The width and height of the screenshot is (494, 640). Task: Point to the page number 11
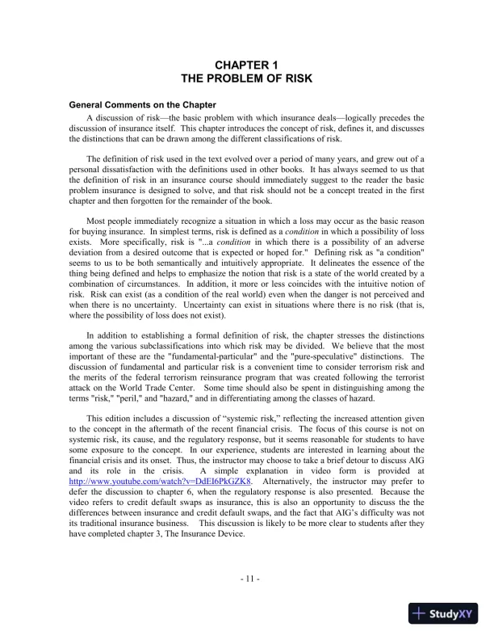pos(248,579)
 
